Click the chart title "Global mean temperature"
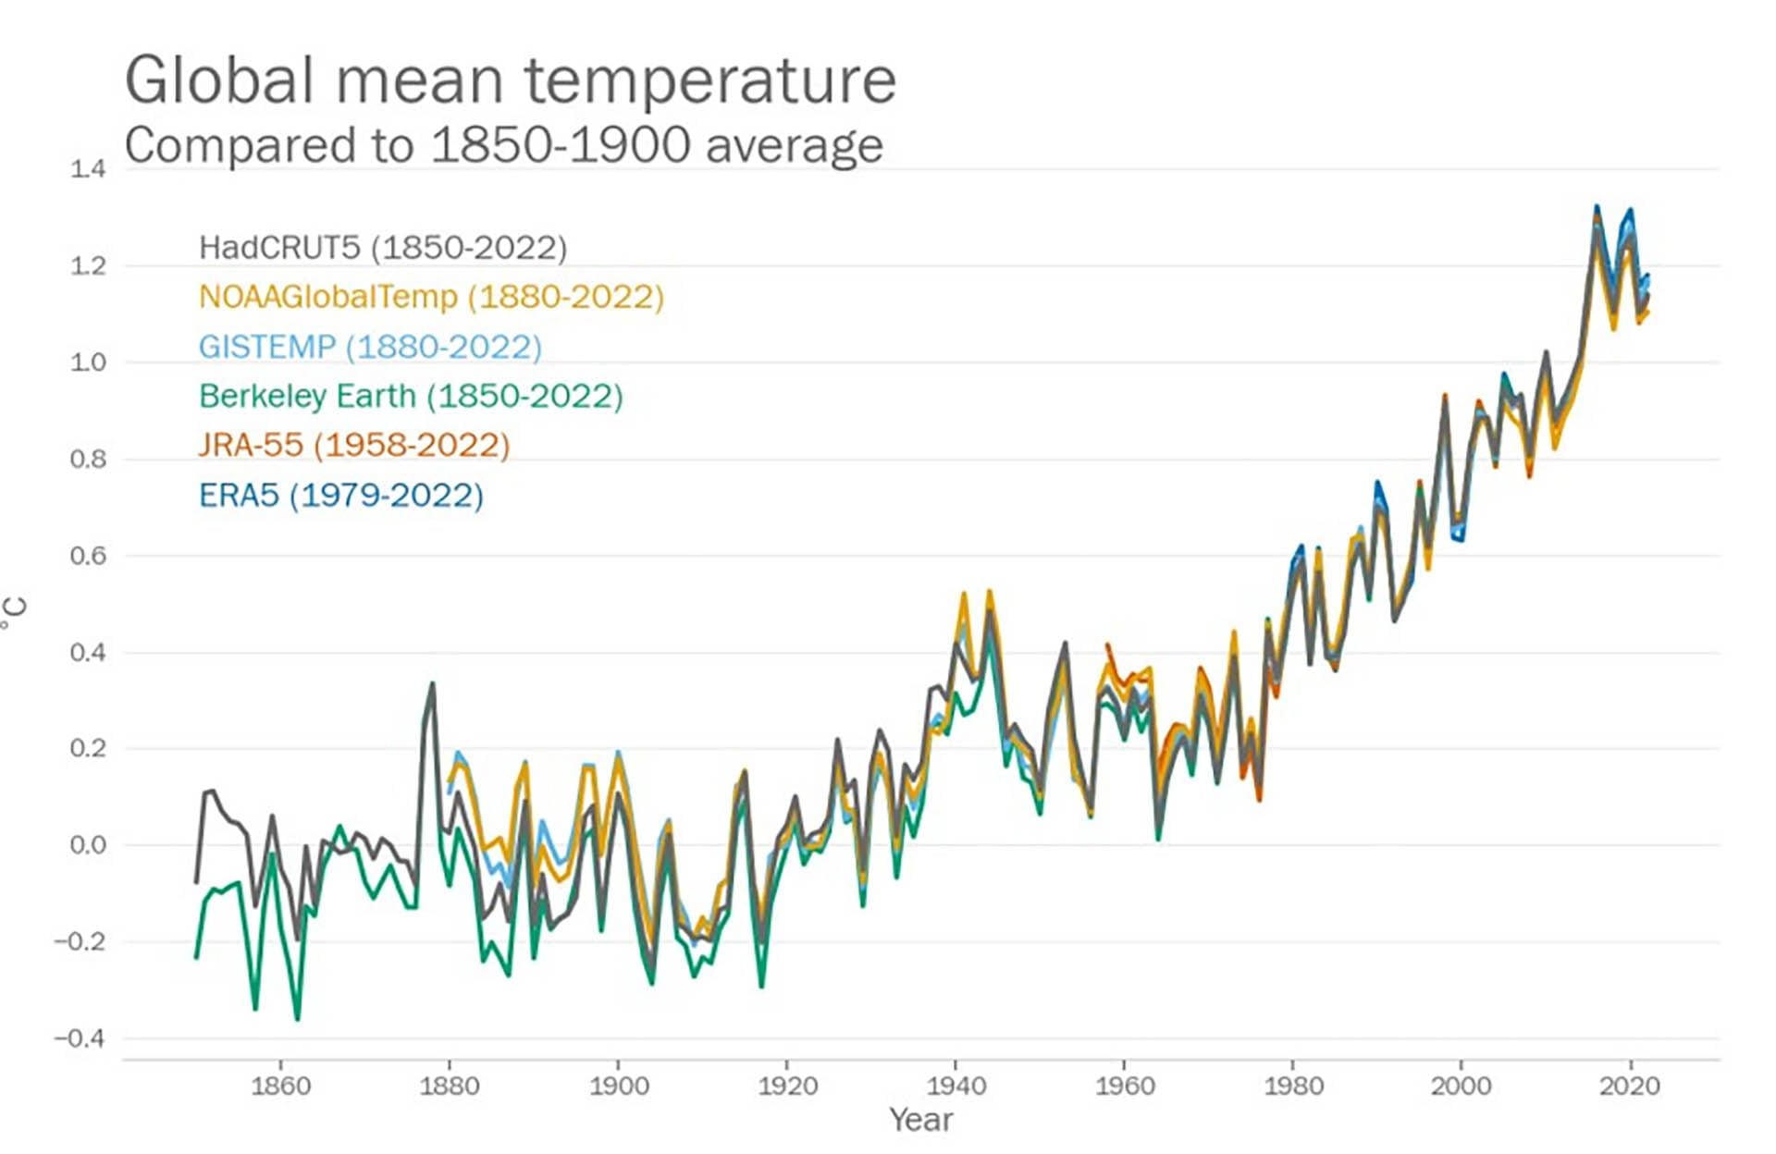(510, 80)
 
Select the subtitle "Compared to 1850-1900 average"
(503, 146)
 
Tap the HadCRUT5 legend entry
(382, 248)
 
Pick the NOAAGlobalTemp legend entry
(431, 297)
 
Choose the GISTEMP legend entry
(370, 347)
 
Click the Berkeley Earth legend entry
(411, 396)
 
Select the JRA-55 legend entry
(354, 445)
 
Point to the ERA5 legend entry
(340, 496)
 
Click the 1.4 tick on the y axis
(88, 168)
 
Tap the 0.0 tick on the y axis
(88, 845)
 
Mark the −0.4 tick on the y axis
(80, 1038)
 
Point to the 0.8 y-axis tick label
(88, 459)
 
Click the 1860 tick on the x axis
(281, 1086)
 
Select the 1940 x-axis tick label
(956, 1086)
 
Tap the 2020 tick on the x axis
(1630, 1086)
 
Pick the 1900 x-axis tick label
(619, 1086)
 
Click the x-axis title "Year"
(920, 1120)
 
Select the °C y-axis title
(15, 612)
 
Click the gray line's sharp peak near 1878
(431, 684)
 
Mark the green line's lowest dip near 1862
(297, 1019)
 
